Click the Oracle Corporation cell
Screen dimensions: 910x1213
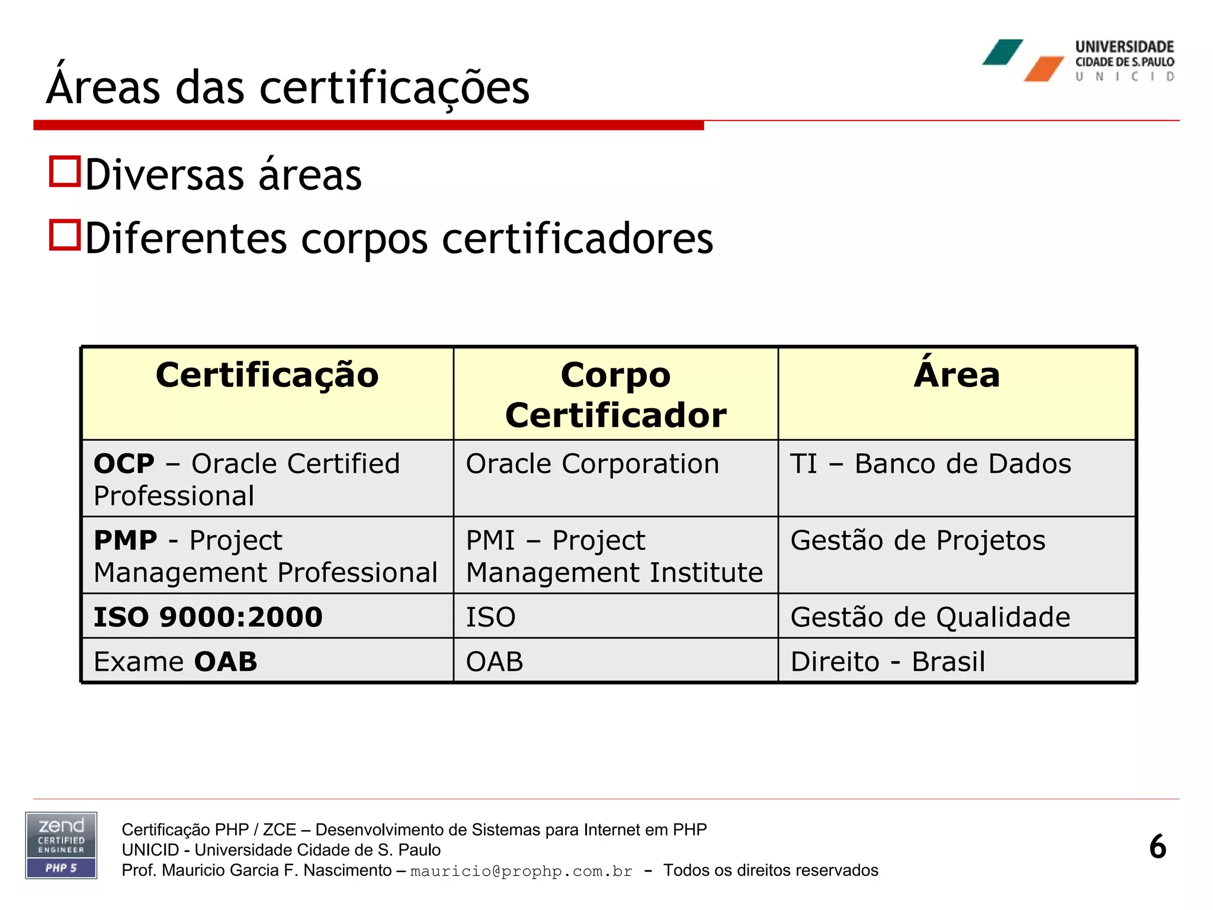click(x=592, y=464)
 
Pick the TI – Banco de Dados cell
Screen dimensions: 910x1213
click(x=930, y=464)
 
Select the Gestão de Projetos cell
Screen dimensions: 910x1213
click(x=917, y=540)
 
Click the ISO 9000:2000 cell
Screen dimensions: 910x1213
click(x=208, y=617)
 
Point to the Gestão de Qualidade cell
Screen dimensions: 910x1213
click(x=930, y=617)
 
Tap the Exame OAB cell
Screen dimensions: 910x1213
click(x=176, y=662)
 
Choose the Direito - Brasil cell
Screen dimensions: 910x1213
click(x=887, y=662)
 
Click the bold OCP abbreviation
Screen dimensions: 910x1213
click(x=124, y=464)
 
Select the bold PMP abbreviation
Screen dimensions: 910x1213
click(x=126, y=540)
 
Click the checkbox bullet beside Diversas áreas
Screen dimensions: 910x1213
click(x=65, y=172)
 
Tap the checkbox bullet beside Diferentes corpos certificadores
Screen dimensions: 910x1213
click(x=65, y=235)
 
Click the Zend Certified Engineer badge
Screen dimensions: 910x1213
click(x=61, y=845)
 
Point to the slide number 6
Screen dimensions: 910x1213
click(x=1157, y=847)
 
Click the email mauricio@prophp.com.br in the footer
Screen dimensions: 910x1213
click(x=521, y=871)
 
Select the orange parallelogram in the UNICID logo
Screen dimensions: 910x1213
click(x=1044, y=69)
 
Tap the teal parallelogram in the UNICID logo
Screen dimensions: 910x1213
click(x=1002, y=52)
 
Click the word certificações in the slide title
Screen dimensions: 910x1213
click(x=394, y=88)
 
